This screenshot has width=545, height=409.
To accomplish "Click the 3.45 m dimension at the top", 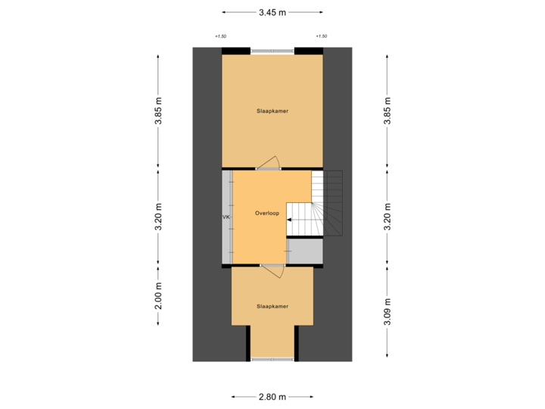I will pyautogui.click(x=272, y=12).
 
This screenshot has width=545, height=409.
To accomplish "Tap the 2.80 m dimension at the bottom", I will pyautogui.click(x=272, y=396).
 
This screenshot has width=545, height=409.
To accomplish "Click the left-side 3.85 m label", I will pyautogui.click(x=158, y=111).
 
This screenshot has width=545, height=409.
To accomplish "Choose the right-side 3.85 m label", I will pyautogui.click(x=388, y=111).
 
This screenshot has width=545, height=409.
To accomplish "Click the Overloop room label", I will pyautogui.click(x=267, y=214).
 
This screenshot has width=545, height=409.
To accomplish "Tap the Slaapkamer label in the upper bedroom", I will pyautogui.click(x=272, y=111).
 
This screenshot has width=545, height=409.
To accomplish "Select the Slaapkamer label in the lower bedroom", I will pyautogui.click(x=272, y=307).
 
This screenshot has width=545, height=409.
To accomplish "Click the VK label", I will pyautogui.click(x=226, y=217).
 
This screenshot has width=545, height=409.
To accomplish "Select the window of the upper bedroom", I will pyautogui.click(x=272, y=51).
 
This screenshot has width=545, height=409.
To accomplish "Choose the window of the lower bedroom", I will pyautogui.click(x=272, y=358).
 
